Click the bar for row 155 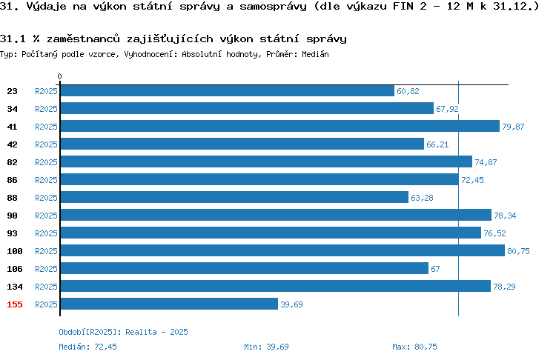pyautogui.click(x=169, y=304)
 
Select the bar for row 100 pyautogui.click(x=282, y=250)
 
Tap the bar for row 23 pyautogui.click(x=228, y=90)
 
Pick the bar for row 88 pyautogui.click(x=234, y=197)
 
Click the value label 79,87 pyautogui.click(x=513, y=127)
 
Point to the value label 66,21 pyautogui.click(x=437, y=144)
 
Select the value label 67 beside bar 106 pyautogui.click(x=435, y=269)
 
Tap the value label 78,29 pyautogui.click(x=504, y=287)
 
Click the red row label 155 pyautogui.click(x=15, y=304)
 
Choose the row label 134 pyautogui.click(x=15, y=287)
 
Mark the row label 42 pyautogui.click(x=12, y=144)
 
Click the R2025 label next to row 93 pyautogui.click(x=46, y=233)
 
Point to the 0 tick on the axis pyautogui.click(x=59, y=76)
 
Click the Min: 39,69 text pyautogui.click(x=266, y=347)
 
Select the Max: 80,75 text pyautogui.click(x=414, y=347)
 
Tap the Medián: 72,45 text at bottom pyautogui.click(x=87, y=347)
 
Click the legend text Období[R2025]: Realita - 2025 pyautogui.click(x=123, y=332)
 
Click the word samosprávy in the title pyautogui.click(x=273, y=7)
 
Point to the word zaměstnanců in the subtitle pyautogui.click(x=83, y=39)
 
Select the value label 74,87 pyautogui.click(x=486, y=162)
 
